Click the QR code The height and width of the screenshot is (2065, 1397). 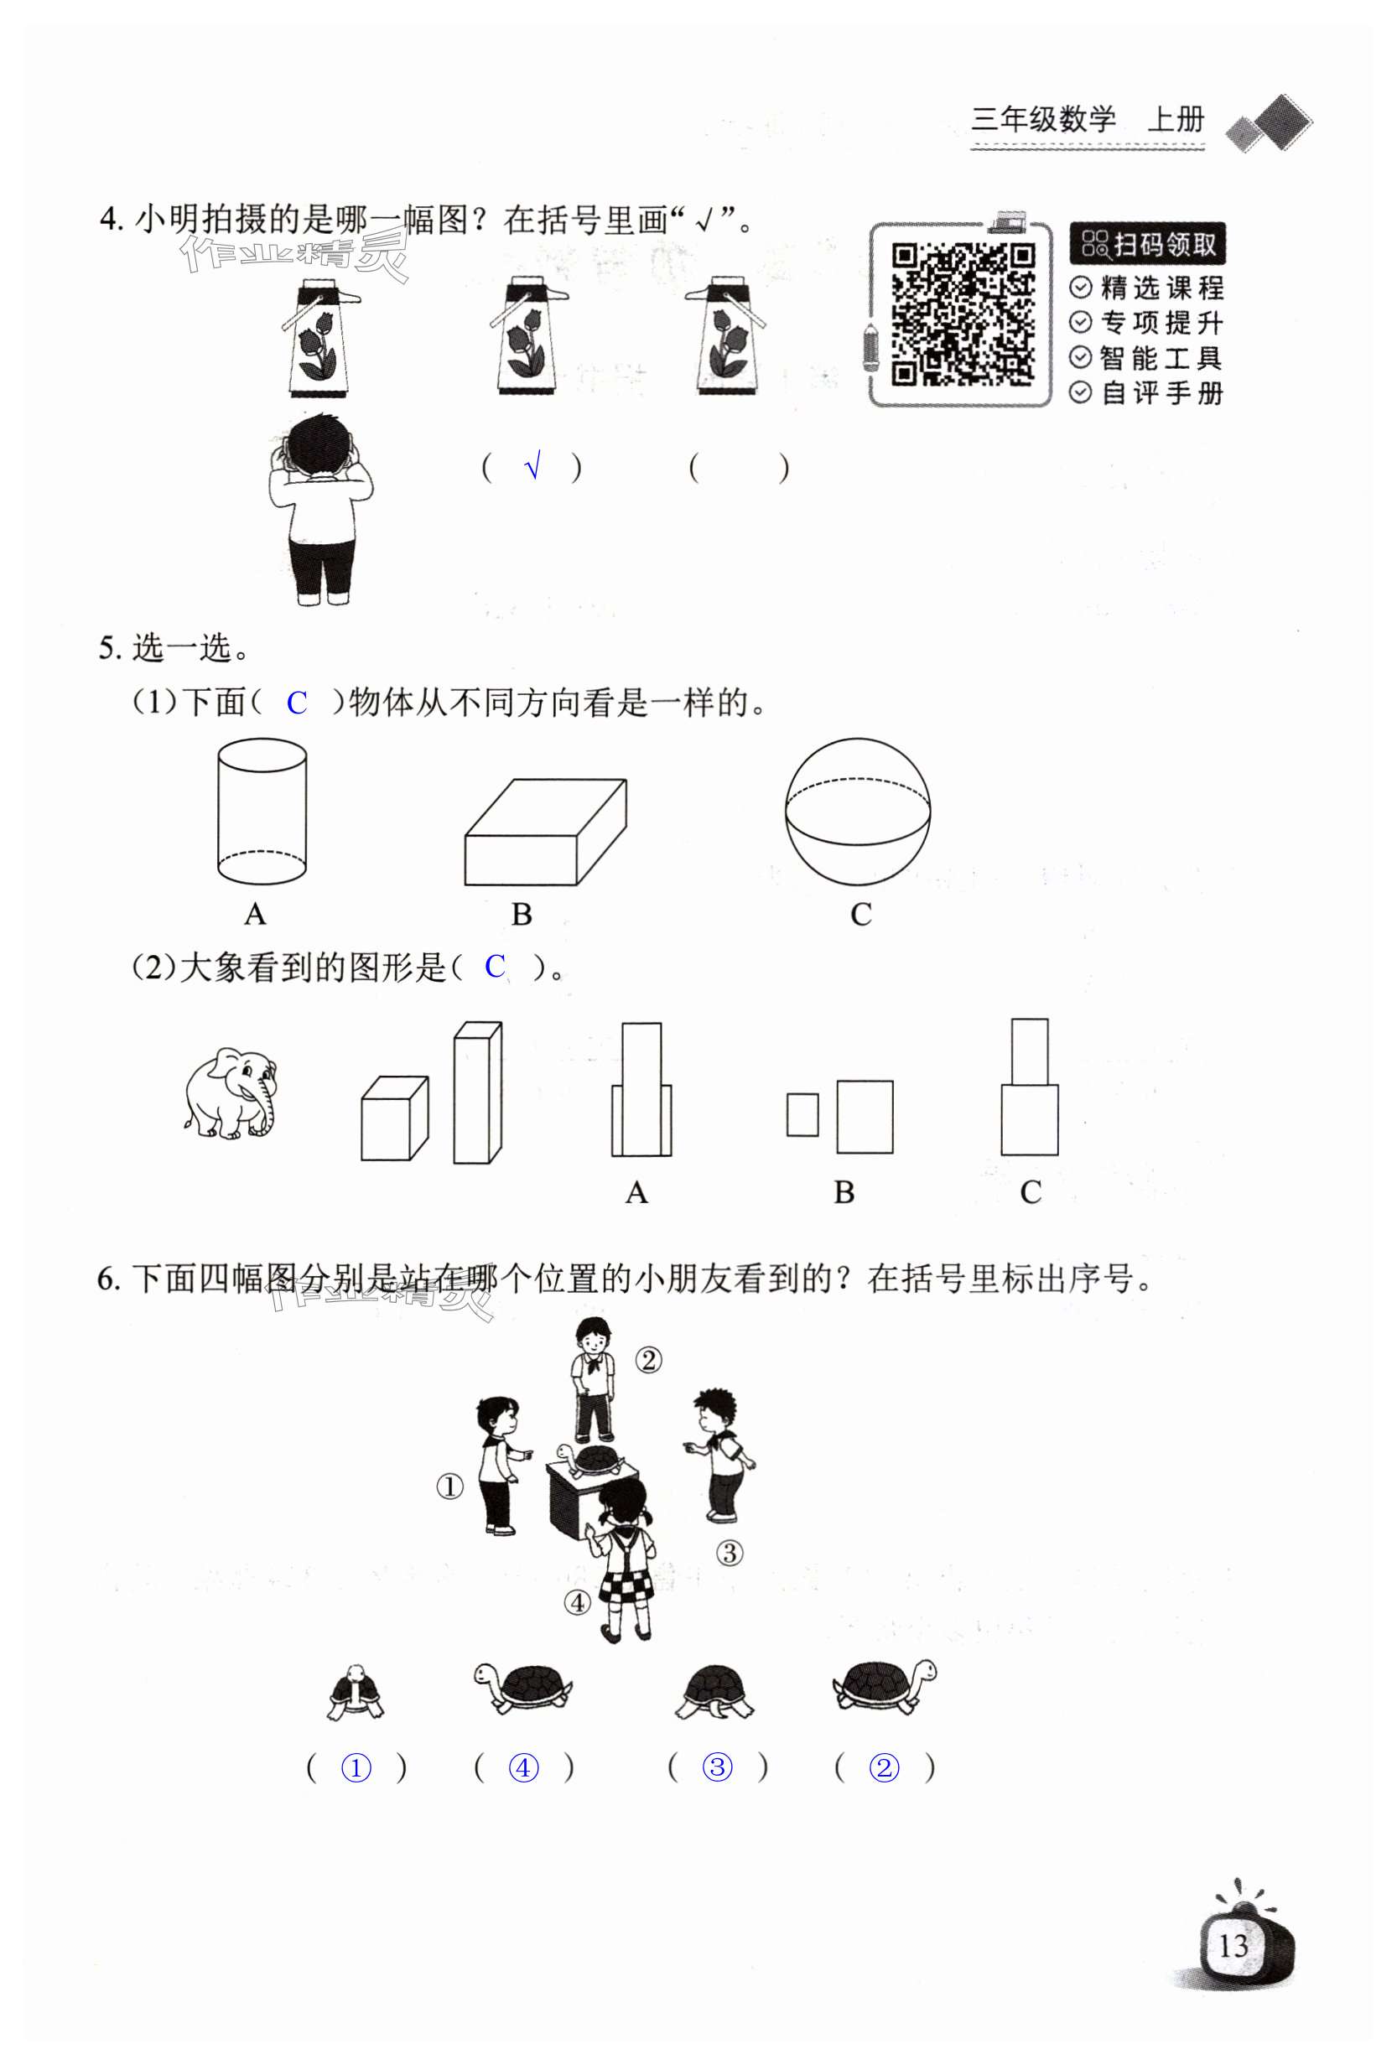click(x=963, y=314)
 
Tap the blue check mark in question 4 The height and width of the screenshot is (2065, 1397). click(x=532, y=465)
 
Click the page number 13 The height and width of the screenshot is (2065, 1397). click(x=1233, y=1948)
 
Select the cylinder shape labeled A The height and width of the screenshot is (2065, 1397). click(x=262, y=812)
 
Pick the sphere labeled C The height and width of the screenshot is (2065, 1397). click(x=858, y=812)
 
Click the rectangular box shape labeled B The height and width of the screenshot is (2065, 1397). click(x=545, y=833)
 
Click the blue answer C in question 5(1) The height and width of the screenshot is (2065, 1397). click(x=296, y=703)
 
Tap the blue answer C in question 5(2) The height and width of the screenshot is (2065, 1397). click(x=495, y=967)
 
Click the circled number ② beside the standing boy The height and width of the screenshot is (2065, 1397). click(x=648, y=1361)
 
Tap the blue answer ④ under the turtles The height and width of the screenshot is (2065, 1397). click(x=523, y=1768)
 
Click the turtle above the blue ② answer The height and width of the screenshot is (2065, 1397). click(x=884, y=1684)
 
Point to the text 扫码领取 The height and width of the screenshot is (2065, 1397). click(x=1147, y=244)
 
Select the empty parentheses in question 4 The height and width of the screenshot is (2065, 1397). click(x=739, y=467)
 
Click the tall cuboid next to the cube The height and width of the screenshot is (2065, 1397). click(x=477, y=1093)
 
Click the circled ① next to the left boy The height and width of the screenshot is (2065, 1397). click(x=450, y=1486)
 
